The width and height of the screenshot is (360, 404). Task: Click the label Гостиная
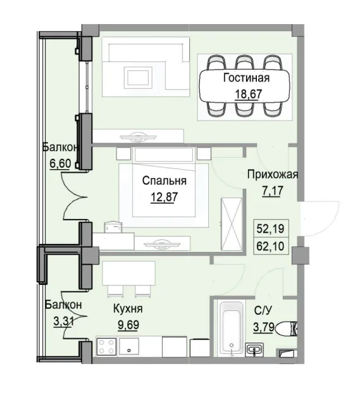pyautogui.click(x=246, y=79)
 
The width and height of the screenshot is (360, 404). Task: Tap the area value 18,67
pyautogui.click(x=246, y=96)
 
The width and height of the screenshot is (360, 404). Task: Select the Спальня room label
pyautogui.click(x=163, y=180)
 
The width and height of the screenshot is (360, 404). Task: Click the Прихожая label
pyautogui.click(x=272, y=175)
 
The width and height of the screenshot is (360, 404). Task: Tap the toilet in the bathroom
pyautogui.click(x=289, y=328)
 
